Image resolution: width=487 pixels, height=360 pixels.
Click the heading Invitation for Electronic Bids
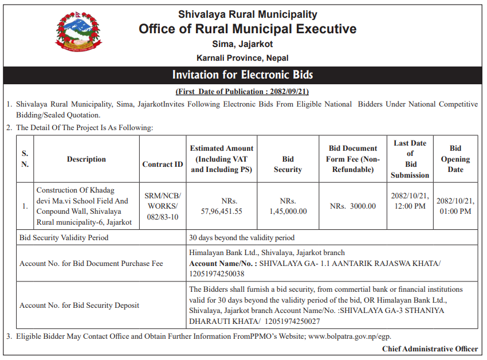(x=243, y=75)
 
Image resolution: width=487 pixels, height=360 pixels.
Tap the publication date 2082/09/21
(x=285, y=92)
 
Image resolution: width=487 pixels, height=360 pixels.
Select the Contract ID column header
(x=163, y=164)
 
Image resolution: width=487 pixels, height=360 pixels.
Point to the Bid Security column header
(x=288, y=164)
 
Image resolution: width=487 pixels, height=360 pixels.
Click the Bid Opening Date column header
(x=455, y=159)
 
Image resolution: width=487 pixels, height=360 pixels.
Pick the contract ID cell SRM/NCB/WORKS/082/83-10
(x=163, y=206)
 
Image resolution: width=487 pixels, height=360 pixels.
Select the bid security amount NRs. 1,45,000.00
(x=288, y=206)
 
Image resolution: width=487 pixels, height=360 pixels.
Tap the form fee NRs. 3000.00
(x=353, y=206)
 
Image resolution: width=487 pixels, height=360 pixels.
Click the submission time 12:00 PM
(x=410, y=206)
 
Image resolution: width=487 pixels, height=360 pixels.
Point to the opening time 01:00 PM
(x=455, y=211)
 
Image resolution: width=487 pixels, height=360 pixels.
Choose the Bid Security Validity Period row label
(x=64, y=237)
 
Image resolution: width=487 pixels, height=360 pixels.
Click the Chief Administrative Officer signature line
(x=430, y=349)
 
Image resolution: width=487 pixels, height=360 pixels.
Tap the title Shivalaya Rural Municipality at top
(x=248, y=14)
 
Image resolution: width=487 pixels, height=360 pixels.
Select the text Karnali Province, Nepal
(x=242, y=58)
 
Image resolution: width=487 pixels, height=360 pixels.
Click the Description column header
(x=87, y=159)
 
